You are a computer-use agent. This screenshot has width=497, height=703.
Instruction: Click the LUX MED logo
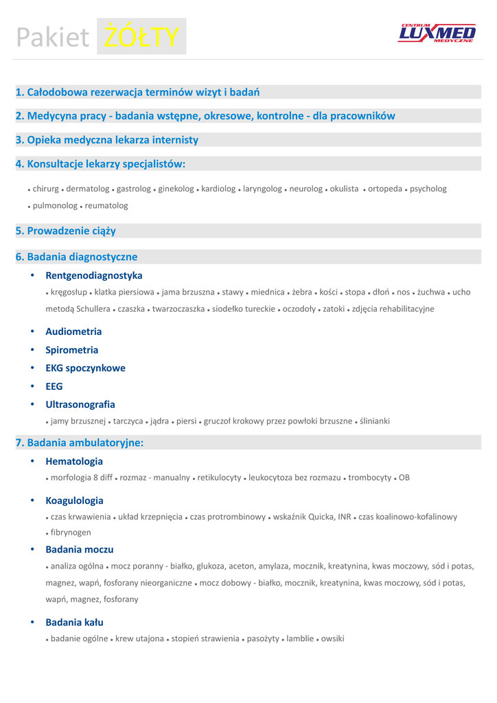tap(437, 33)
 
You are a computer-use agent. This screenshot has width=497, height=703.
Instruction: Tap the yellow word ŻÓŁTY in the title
tap(141, 38)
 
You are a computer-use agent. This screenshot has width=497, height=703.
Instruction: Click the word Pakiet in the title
tap(53, 38)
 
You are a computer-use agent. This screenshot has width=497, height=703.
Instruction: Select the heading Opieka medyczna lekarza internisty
tap(107, 140)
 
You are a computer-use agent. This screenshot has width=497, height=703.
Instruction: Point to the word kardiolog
tap(218, 189)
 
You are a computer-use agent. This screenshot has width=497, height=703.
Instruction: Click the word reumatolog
tap(106, 205)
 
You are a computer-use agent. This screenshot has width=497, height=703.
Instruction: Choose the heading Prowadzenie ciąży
tap(66, 231)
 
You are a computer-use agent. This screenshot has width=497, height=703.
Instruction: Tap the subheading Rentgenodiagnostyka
tap(94, 275)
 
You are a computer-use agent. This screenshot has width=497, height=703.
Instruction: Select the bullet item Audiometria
tap(73, 332)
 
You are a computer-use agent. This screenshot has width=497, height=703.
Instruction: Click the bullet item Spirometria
tap(72, 350)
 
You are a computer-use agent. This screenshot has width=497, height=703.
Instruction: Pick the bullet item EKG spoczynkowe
tap(85, 368)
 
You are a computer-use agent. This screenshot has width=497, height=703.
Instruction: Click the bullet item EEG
tap(54, 387)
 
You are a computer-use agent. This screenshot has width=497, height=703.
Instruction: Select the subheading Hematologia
tap(74, 461)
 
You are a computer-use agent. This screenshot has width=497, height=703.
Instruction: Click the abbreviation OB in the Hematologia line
tap(404, 477)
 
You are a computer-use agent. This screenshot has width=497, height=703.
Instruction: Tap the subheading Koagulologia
tap(74, 500)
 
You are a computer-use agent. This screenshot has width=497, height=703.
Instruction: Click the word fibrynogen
tap(71, 532)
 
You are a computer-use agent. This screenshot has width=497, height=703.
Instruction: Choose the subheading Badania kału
tap(74, 623)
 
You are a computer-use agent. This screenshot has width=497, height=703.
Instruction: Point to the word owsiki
tap(333, 638)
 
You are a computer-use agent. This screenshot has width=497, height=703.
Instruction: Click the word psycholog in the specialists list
tap(428, 189)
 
